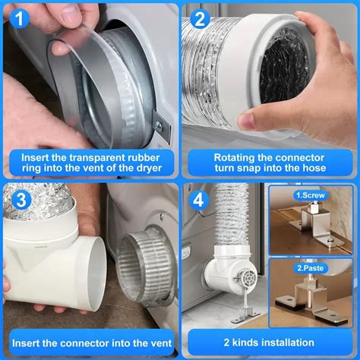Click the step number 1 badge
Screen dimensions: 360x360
pos(19,17)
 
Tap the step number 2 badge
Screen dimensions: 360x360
pos(200,17)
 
